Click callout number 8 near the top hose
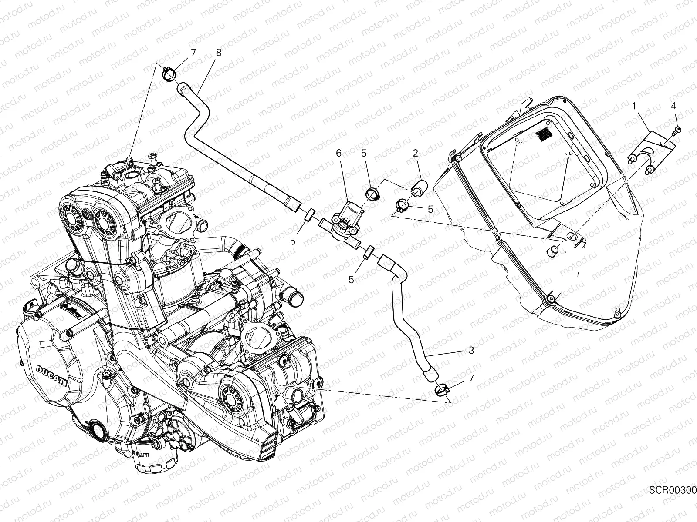coord(218,53)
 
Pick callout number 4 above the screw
coord(673,105)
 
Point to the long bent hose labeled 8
coord(231,148)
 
